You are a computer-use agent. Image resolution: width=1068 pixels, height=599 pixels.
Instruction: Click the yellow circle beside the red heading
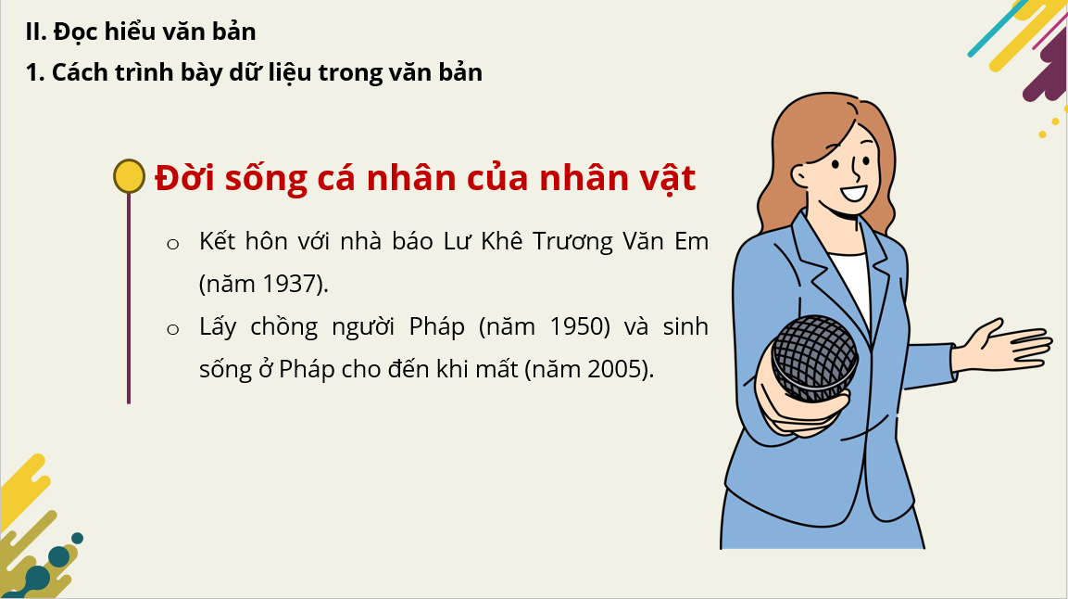pyautogui.click(x=129, y=176)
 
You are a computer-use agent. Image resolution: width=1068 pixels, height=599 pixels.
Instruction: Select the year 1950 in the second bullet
pyautogui.click(x=580, y=326)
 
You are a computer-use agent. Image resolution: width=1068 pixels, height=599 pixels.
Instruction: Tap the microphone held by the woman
pyautogui.click(x=815, y=359)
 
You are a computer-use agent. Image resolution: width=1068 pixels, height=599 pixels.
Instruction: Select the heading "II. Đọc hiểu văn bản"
pyautogui.click(x=140, y=32)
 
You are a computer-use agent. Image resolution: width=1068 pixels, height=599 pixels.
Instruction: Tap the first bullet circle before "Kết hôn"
pyautogui.click(x=173, y=244)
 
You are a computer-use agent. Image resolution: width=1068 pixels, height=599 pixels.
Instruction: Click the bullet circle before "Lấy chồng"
pyautogui.click(x=173, y=330)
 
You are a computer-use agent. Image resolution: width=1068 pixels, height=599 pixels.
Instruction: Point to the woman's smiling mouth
pyautogui.click(x=852, y=194)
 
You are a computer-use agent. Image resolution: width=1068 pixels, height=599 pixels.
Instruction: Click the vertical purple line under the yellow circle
pyautogui.click(x=129, y=299)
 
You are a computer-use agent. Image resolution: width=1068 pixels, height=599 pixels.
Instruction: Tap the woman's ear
pyautogui.click(x=801, y=175)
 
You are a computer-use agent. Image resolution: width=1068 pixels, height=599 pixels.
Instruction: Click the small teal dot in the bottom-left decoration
pyautogui.click(x=77, y=539)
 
